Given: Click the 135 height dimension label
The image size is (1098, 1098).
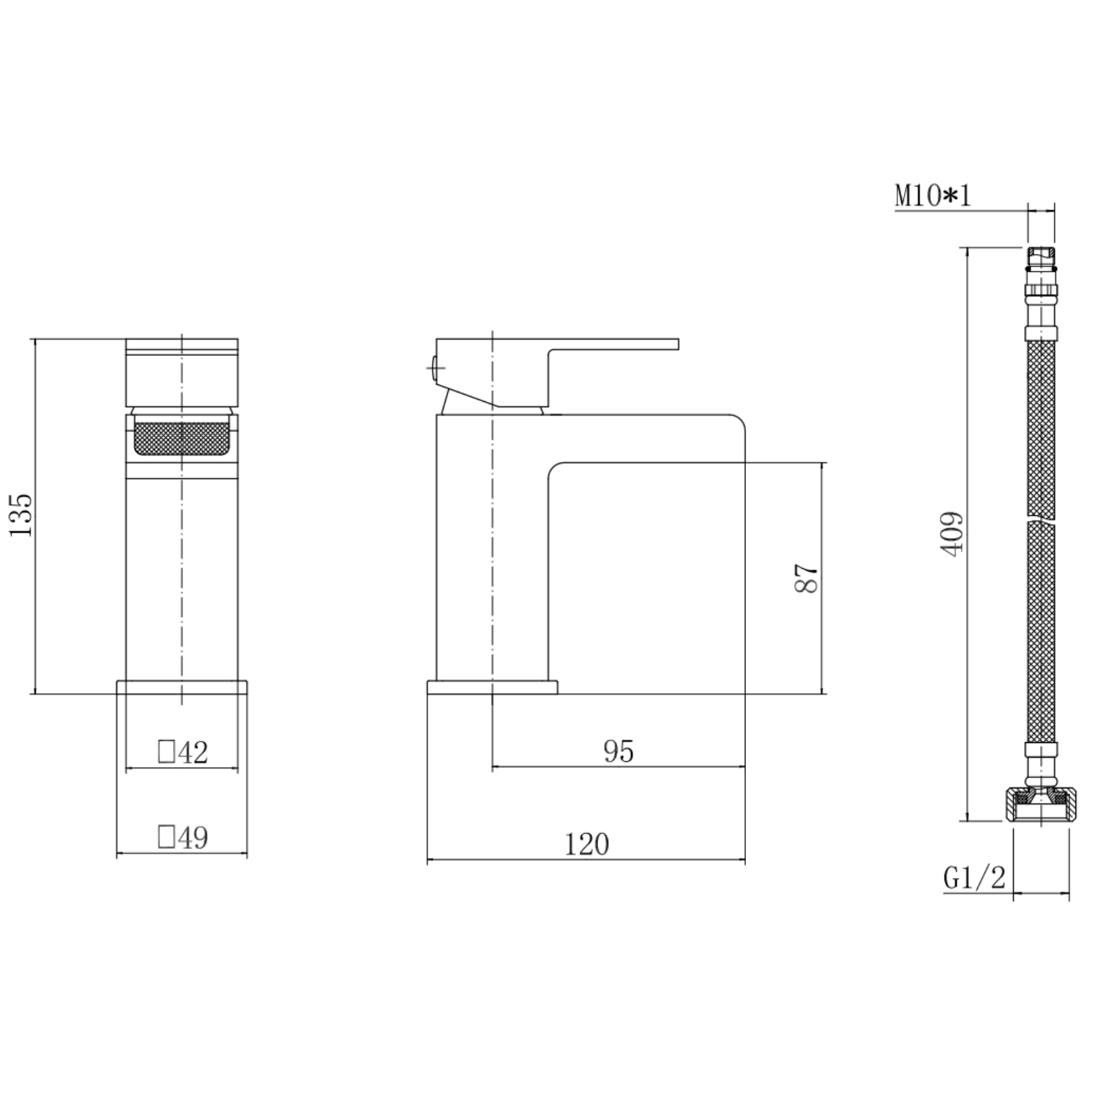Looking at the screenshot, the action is point(21,514).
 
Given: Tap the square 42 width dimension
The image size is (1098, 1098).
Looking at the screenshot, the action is point(183,752).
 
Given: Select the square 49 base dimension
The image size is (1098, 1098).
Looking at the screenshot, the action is point(183,837).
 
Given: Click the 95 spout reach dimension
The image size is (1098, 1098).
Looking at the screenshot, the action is point(619,751).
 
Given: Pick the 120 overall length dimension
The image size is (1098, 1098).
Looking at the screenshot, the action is point(586,844).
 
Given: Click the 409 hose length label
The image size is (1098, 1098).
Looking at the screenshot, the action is point(952,534).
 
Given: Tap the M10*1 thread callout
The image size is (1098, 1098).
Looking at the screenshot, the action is point(933,195).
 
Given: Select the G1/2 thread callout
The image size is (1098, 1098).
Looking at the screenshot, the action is point(974,877).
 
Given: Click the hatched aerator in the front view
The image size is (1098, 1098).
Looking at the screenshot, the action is point(182,441).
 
